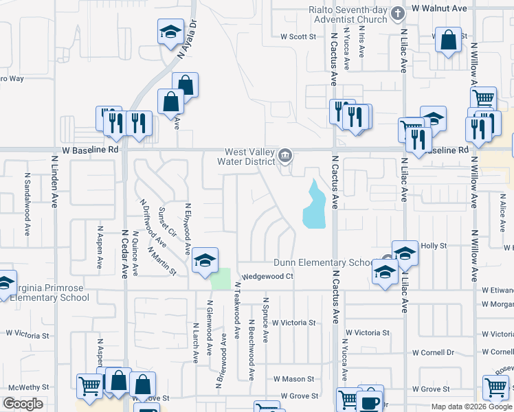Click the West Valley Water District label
[250, 157]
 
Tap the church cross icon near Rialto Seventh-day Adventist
[397, 13]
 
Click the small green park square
[221, 279]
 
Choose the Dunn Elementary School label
[322, 262]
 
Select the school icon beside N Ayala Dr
[170, 32]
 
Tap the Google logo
[23, 403]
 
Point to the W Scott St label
[298, 37]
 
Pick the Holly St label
[434, 245]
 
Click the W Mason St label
[293, 378]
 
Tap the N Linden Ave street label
[55, 181]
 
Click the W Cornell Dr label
[433, 352]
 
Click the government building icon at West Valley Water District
[285, 157]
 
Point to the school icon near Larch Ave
[205, 260]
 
